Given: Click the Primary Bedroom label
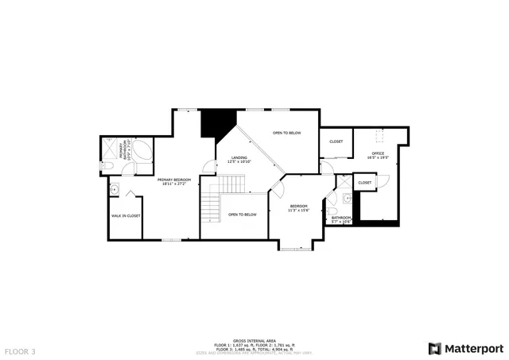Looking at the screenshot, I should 174,181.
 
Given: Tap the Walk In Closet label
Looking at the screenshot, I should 126,215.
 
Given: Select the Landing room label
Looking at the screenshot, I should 239,159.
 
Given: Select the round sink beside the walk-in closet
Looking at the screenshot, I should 115,190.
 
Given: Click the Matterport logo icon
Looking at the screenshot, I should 433,348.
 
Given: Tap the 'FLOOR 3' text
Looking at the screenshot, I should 20,350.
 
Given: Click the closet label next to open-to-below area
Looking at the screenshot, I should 336,141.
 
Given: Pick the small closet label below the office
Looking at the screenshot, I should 364,183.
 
